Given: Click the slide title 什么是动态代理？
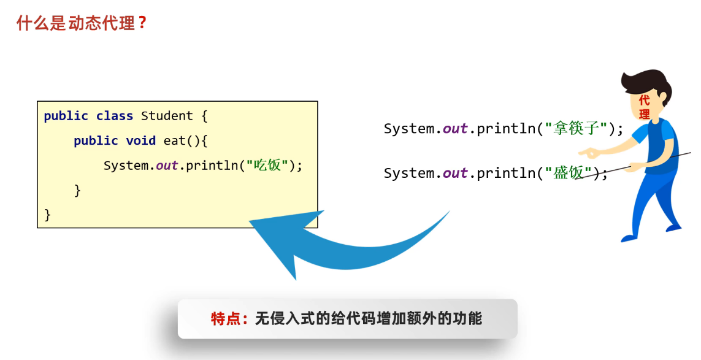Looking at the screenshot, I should coord(82,24).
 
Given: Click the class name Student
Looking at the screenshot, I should coord(167,116).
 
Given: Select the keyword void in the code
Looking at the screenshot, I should coord(140,141).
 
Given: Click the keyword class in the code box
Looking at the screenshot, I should coord(114,116).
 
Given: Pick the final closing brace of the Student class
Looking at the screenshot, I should coord(48,215).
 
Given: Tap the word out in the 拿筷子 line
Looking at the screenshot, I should coord(455,129).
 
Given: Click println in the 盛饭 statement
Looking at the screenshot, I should coord(504,173).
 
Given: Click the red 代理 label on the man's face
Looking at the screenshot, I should coord(644,107).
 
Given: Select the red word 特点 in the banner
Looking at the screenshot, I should coord(225,319).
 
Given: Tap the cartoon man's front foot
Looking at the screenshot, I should coord(632,237).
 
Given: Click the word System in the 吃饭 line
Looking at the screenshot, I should coord(127,166).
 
